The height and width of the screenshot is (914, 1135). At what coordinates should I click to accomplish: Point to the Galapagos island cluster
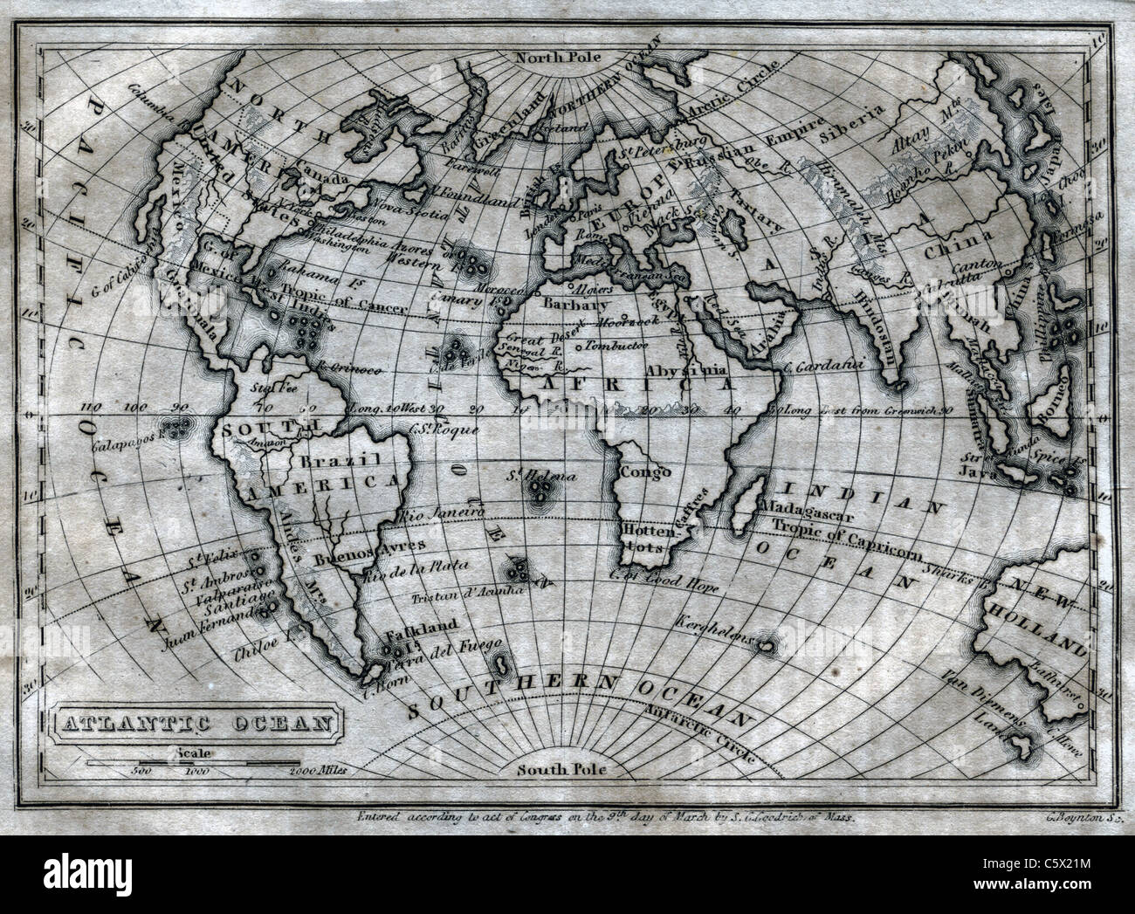click(180, 429)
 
